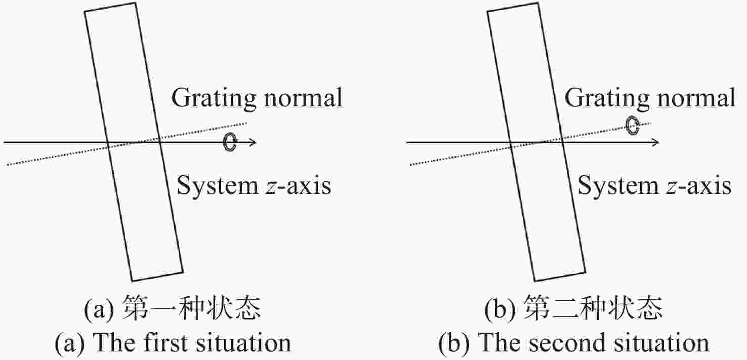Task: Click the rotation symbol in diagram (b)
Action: point(628,126)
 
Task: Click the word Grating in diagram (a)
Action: point(214,98)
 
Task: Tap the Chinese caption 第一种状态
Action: point(191,308)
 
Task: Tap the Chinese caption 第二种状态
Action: point(593,308)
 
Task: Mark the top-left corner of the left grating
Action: point(85,12)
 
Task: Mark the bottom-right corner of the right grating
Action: point(586,272)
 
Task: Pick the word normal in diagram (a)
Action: point(303,98)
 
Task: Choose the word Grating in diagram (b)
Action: point(607,98)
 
